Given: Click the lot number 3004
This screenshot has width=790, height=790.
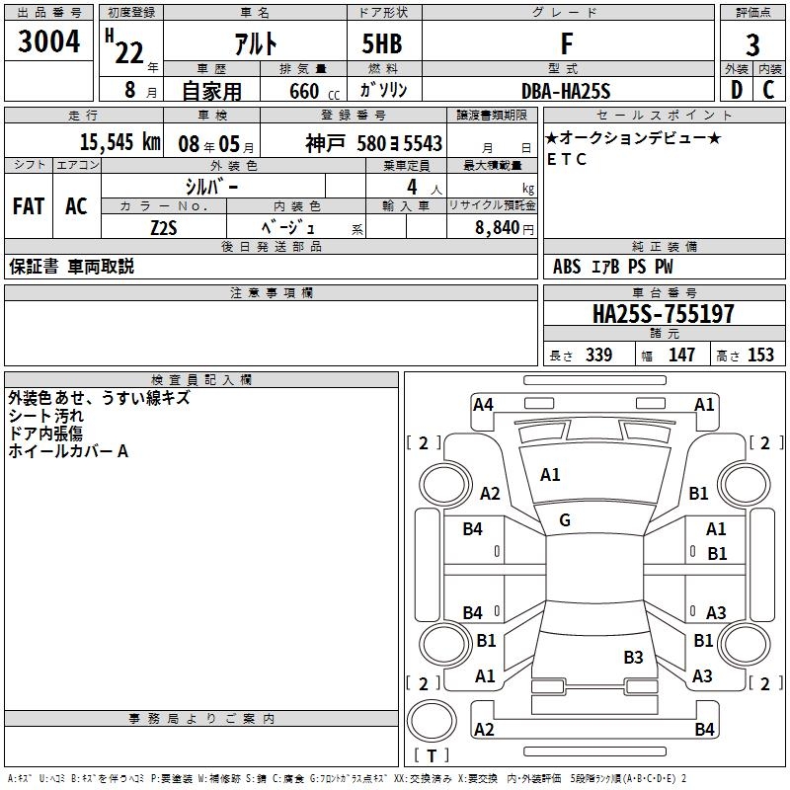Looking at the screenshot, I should pos(49,43).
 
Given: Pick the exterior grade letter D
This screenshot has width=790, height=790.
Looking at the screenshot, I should pos(736,90).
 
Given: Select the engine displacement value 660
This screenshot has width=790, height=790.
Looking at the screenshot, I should pos(303,92).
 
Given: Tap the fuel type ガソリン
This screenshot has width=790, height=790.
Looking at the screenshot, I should pos(383,91).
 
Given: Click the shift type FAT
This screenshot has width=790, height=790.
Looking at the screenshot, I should pos(29,206).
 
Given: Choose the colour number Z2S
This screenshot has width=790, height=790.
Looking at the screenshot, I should pos(164,226).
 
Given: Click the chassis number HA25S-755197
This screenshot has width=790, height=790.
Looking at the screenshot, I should pos(663,314).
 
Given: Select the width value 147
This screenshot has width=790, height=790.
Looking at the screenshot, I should pos(681,355).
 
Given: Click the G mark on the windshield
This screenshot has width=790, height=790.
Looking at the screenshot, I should pos(564,520).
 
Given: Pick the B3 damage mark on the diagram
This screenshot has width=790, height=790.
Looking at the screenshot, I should pos(633,657).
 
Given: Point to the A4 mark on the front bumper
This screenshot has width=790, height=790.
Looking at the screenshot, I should pos(483,404).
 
